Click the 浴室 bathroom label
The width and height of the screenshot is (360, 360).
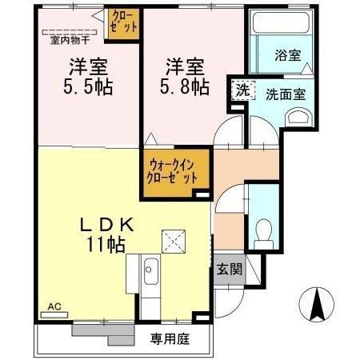pos(288,56)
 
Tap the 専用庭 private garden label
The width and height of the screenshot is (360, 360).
pos(170,338)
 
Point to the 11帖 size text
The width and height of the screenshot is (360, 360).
pos(105,246)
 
